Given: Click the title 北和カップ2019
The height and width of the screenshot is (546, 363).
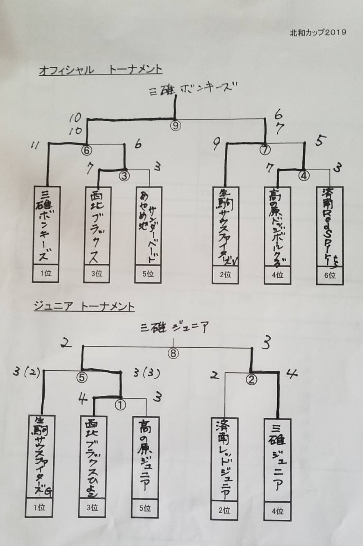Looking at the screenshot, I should click(x=318, y=32).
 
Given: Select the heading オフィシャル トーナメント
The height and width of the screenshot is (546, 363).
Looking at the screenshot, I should click(x=100, y=70).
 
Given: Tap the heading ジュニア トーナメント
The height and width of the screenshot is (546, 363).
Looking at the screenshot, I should click(x=84, y=306).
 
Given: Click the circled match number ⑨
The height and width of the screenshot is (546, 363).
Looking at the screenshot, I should click(x=176, y=125).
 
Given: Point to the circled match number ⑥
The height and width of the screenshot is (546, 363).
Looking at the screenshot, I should click(x=86, y=150).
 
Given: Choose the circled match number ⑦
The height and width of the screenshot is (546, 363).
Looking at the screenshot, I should click(x=265, y=150).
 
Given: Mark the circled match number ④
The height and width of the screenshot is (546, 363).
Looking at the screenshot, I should click(x=304, y=175).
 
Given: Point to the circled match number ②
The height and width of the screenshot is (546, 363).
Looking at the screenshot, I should click(x=251, y=380).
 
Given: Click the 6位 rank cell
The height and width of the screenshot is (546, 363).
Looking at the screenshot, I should click(x=330, y=276).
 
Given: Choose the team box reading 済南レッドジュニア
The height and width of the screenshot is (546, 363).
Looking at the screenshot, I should click(x=224, y=459).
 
